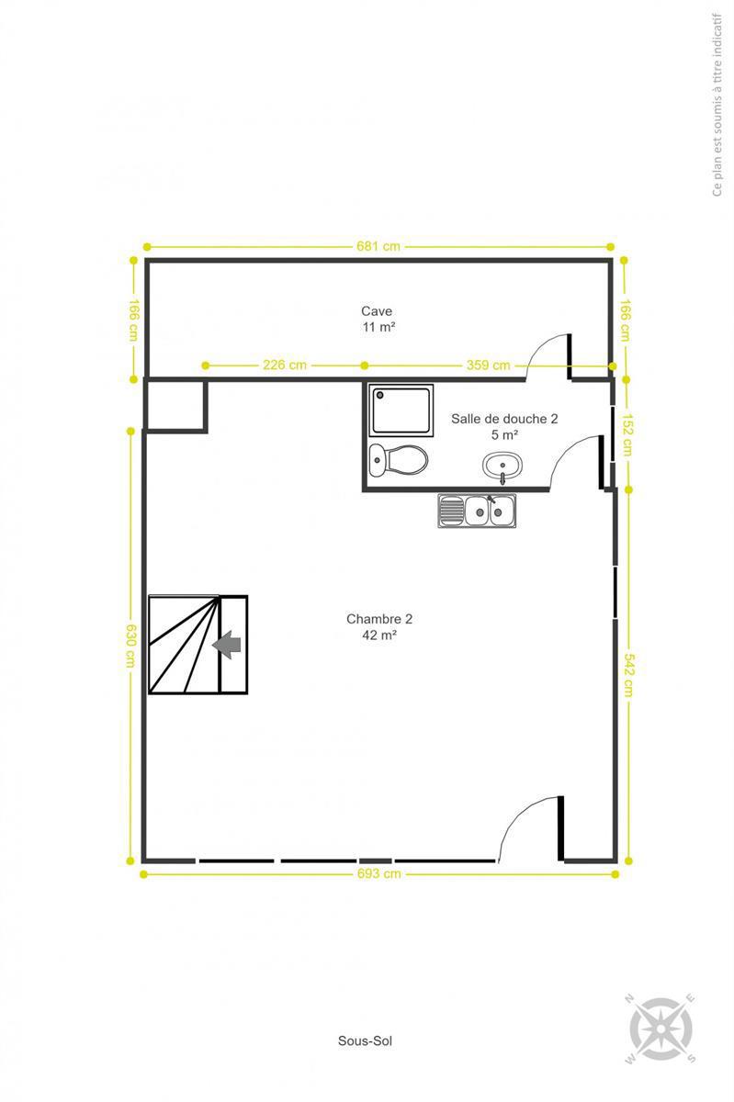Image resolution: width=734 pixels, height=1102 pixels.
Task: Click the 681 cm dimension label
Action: click(x=378, y=246)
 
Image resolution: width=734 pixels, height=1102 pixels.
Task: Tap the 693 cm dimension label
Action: click(x=379, y=873)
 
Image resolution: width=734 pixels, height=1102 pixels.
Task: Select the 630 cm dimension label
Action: click(x=131, y=646)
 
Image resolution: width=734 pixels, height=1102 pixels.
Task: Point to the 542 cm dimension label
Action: click(x=628, y=675)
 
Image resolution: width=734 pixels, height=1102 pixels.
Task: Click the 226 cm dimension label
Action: click(x=285, y=365)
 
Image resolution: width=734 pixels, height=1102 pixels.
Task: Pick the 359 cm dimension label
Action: click(x=488, y=365)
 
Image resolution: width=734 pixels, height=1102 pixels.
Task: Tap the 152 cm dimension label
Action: click(x=627, y=434)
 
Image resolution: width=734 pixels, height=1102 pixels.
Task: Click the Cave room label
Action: click(x=377, y=311)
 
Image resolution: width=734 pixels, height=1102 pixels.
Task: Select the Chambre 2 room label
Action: click(x=379, y=619)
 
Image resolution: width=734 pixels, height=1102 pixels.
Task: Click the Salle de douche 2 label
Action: click(x=504, y=419)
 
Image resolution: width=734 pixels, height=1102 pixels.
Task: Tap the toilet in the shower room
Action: click(x=399, y=460)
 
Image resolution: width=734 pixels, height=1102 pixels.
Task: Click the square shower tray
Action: click(x=401, y=410)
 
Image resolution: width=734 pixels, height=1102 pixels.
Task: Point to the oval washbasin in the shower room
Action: click(x=503, y=467)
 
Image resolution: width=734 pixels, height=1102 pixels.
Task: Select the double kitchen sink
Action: click(x=477, y=512)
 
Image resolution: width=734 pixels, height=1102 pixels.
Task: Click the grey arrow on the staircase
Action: click(x=227, y=645)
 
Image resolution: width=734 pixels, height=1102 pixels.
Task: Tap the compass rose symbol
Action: click(x=661, y=1029)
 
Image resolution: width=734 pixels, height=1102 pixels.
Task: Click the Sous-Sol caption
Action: click(x=365, y=1040)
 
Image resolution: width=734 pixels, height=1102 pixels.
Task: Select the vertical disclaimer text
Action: click(x=717, y=105)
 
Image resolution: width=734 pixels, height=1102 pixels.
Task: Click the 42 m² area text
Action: click(x=379, y=635)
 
